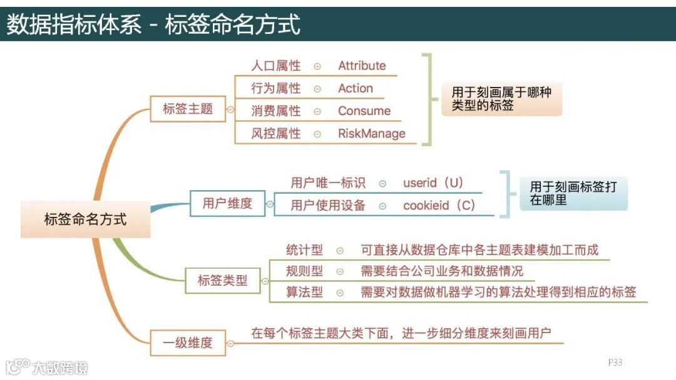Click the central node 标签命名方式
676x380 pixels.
[x=85, y=219]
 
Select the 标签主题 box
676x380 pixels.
[x=188, y=109]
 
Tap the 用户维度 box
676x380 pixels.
[x=227, y=203]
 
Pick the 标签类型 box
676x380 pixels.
[x=223, y=281]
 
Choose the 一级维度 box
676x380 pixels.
[x=188, y=342]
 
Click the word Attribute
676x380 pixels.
[x=362, y=66]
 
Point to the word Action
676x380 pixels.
[x=355, y=88]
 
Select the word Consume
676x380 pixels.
[x=364, y=111]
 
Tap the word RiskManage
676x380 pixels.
[x=371, y=133]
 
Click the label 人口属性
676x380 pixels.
[x=275, y=66]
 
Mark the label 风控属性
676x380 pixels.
[x=275, y=133]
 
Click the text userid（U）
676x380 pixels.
[x=433, y=183]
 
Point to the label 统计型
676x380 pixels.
[x=304, y=250]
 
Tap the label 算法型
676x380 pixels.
[x=304, y=292]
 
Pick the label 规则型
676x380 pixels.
[x=304, y=271]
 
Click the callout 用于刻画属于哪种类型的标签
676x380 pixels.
[x=502, y=99]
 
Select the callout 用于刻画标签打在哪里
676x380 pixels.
[x=573, y=194]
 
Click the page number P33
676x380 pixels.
[x=615, y=362]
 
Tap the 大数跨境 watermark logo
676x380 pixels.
[x=46, y=366]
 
